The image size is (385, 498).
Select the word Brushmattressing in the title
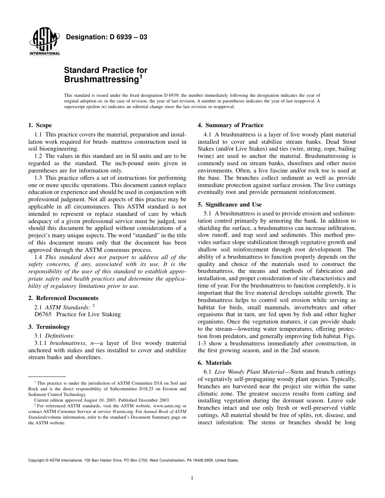click(101, 79)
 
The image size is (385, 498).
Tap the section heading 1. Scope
click(40, 125)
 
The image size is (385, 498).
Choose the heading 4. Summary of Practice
click(230, 125)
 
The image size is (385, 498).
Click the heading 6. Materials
click(218, 363)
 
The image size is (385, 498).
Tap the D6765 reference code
click(44, 314)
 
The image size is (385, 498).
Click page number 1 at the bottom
click(192, 478)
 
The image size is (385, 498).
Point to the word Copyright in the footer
click(37, 460)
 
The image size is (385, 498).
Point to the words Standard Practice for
click(106, 70)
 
